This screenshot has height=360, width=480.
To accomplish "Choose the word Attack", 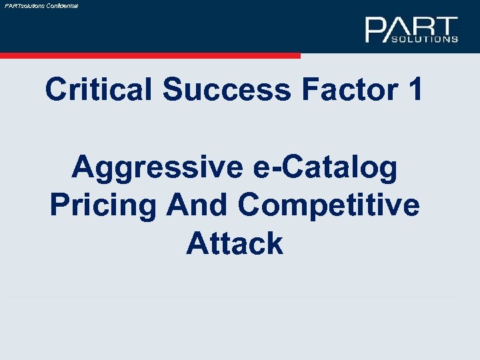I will [235, 243].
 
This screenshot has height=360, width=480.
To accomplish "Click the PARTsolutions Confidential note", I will [41, 5].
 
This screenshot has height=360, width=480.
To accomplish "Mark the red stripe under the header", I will [150, 56].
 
